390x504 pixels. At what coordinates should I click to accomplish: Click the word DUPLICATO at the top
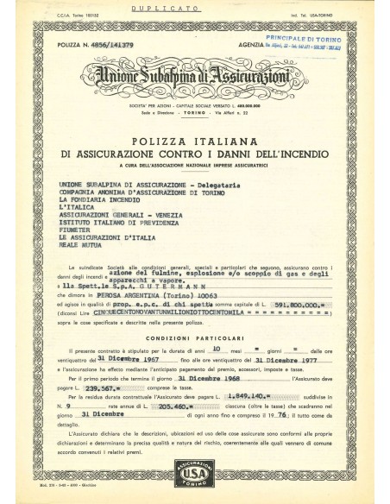coord(195,16)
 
